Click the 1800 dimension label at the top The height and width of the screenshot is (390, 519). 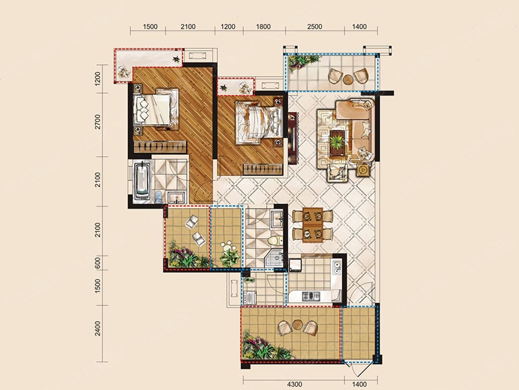coord(263,27)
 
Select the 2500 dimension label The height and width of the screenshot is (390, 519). coord(315,27)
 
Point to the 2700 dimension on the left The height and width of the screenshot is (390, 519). coord(97,122)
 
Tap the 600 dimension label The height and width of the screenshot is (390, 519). coord(97,263)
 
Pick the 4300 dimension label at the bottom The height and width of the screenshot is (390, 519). coord(295,384)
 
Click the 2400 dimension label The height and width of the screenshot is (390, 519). coord(97,328)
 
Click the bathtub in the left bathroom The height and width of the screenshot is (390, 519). coord(142,181)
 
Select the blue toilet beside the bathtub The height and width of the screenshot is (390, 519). coord(159,197)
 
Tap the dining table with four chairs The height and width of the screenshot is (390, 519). coord(313,225)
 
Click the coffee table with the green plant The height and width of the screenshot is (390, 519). coord(338,142)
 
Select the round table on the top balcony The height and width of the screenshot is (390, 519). coord(348,79)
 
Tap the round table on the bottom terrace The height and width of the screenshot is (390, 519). coord(298,324)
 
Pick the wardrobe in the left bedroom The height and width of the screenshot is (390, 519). coord(160,147)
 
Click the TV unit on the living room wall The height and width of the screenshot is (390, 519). coord(293,138)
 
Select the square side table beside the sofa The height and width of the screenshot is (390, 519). coord(363,170)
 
